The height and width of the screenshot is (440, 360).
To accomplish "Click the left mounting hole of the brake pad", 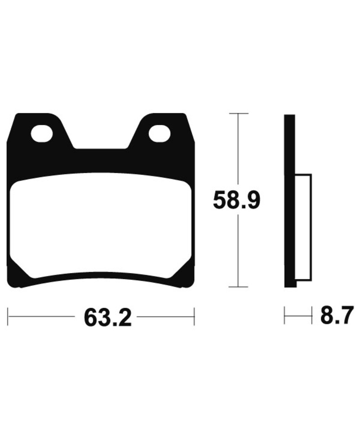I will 42,133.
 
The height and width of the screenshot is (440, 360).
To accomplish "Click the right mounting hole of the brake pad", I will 159,133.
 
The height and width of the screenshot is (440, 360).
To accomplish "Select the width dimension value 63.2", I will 107,318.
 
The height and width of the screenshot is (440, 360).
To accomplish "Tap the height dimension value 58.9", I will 236,201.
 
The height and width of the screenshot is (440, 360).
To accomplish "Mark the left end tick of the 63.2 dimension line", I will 8,316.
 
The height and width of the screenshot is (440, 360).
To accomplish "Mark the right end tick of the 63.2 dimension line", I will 194,316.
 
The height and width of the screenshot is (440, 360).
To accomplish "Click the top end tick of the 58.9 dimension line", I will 236,113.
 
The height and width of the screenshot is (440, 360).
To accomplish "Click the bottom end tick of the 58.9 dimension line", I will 236,287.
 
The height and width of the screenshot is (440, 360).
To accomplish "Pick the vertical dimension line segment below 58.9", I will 236,252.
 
